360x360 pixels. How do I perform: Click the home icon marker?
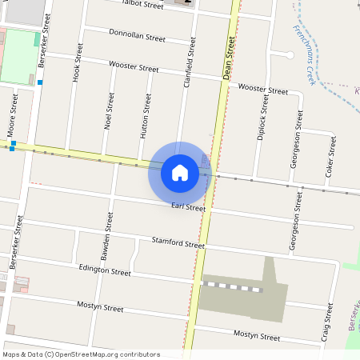tap(180, 172)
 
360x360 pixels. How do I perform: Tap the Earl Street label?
tap(188, 208)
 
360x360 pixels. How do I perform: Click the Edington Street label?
tap(104, 271)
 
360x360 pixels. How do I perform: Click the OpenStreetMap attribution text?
tap(81, 354)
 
